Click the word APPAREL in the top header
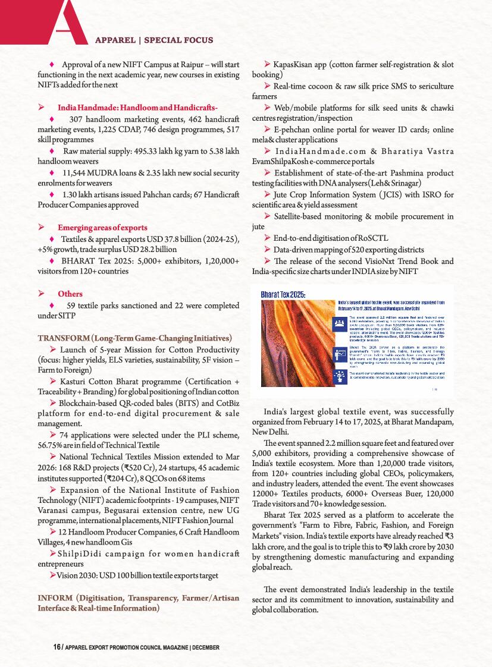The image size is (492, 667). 115,40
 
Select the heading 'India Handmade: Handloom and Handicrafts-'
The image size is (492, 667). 138,107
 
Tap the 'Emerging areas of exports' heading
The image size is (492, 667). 102,227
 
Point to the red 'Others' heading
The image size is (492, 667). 70,294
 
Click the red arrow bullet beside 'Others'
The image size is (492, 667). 42,294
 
